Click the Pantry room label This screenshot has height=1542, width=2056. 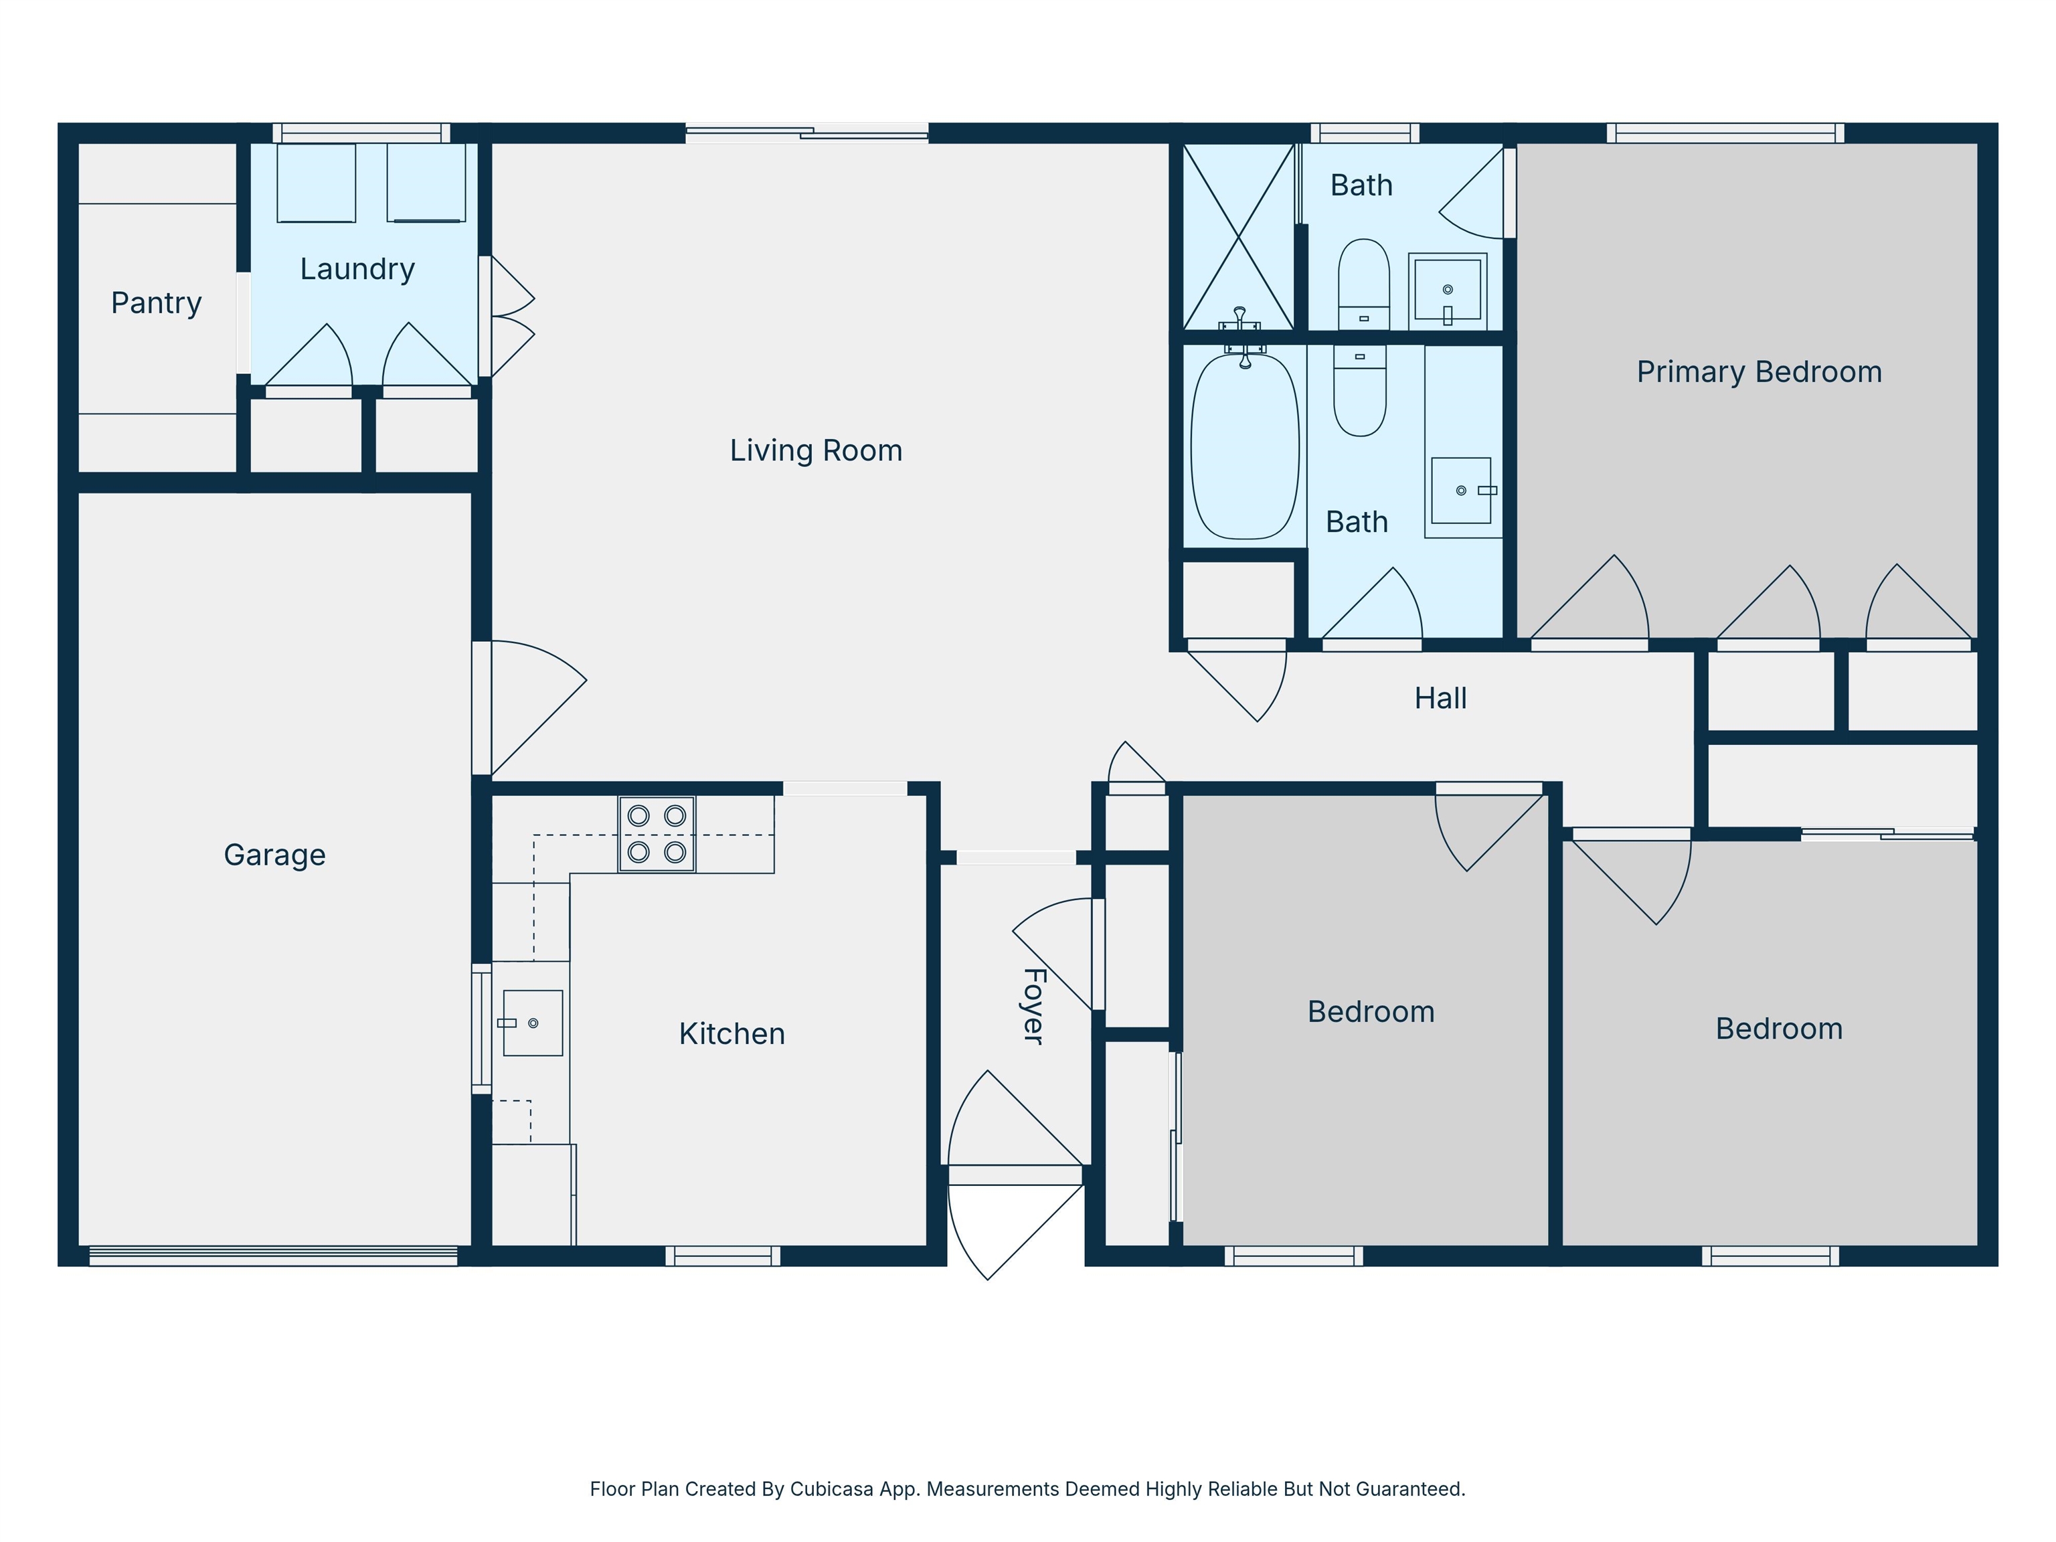pyautogui.click(x=156, y=303)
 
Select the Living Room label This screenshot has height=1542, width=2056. pyautogui.click(x=815, y=451)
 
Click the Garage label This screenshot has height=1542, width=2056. pyautogui.click(x=274, y=855)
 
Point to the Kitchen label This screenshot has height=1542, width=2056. pyautogui.click(x=732, y=1033)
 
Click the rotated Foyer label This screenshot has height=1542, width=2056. pyautogui.click(x=1033, y=1007)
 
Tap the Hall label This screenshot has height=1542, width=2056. pyautogui.click(x=1440, y=698)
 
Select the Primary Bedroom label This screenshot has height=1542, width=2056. pyautogui.click(x=1759, y=372)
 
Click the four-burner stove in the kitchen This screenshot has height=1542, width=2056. pyautogui.click(x=656, y=834)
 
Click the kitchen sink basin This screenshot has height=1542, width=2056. pyautogui.click(x=533, y=1023)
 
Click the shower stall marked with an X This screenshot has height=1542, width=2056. pyautogui.click(x=1238, y=236)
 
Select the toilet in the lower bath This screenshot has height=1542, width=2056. pyautogui.click(x=1360, y=390)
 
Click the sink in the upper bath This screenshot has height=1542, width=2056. pyautogui.click(x=1447, y=289)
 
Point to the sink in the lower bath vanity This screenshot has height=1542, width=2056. pyautogui.click(x=1460, y=490)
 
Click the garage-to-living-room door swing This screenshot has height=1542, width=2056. pyautogui.click(x=535, y=706)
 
